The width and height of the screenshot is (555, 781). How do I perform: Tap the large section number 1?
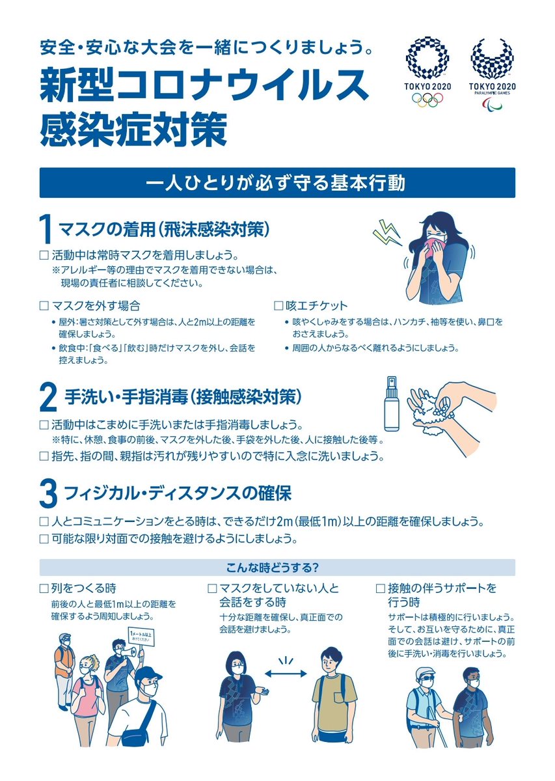(46, 229)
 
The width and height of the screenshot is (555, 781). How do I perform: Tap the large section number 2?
(48, 398)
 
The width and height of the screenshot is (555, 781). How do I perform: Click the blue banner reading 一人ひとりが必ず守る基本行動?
(277, 183)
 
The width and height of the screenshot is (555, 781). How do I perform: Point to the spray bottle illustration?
(392, 404)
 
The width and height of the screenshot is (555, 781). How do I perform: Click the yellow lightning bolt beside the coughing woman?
(386, 232)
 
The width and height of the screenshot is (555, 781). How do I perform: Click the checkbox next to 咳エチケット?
(278, 306)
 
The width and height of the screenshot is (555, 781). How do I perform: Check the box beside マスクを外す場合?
(44, 306)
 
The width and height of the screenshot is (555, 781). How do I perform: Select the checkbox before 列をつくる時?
(44, 589)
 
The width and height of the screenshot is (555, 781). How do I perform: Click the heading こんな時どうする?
(272, 568)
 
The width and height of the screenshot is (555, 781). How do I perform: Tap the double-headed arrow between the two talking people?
(285, 674)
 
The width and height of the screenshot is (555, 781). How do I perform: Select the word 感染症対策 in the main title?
(134, 130)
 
